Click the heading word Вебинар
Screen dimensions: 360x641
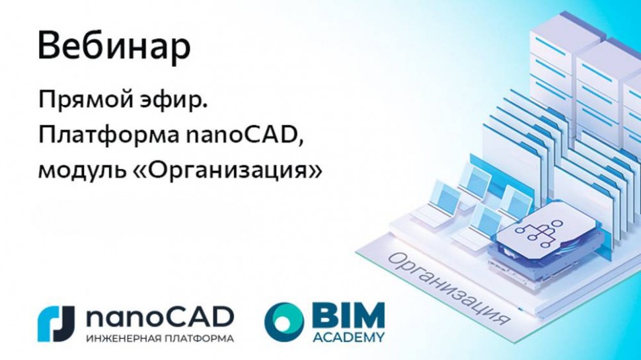point(114,46)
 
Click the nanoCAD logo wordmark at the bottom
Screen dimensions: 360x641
point(159,316)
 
